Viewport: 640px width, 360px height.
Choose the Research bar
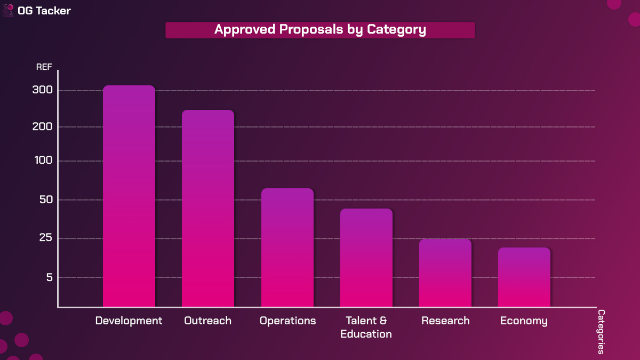(x=445, y=273)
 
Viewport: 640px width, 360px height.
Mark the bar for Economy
(x=524, y=277)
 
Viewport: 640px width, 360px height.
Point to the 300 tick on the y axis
(x=42, y=90)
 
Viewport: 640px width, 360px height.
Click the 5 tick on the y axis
(x=49, y=277)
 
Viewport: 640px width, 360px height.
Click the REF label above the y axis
(x=44, y=67)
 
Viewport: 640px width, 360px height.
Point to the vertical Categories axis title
(x=601, y=332)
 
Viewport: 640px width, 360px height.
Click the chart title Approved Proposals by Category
(x=320, y=30)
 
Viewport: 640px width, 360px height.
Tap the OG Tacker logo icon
(x=9, y=10)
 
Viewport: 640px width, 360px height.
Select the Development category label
(x=129, y=321)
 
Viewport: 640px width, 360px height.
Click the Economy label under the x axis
(x=524, y=321)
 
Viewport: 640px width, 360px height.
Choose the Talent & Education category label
(x=366, y=327)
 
